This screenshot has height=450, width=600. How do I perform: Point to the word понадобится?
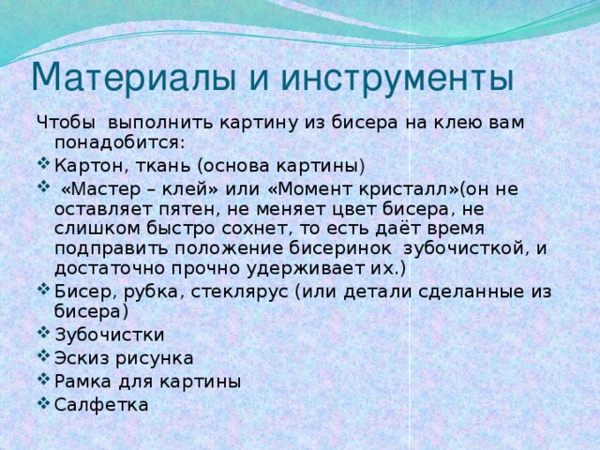(x=119, y=142)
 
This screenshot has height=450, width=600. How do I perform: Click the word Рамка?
(x=82, y=382)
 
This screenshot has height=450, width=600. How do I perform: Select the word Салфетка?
(x=100, y=404)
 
